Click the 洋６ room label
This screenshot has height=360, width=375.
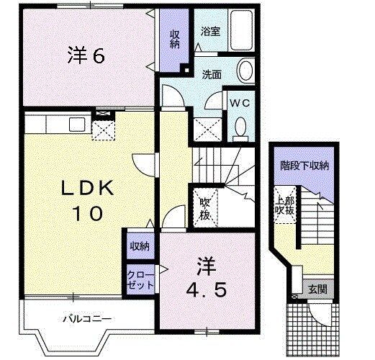point(89,56)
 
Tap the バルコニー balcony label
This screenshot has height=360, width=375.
point(86,317)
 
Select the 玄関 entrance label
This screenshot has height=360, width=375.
point(317,289)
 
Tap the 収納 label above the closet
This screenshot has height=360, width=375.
point(139,246)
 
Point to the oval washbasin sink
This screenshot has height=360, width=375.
point(245,71)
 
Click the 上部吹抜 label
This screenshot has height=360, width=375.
point(284,204)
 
